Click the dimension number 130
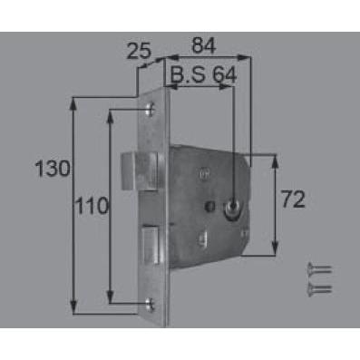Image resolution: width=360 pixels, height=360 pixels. (53, 169)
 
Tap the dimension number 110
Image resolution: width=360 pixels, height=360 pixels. (92, 205)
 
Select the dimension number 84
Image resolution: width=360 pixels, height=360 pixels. (204, 45)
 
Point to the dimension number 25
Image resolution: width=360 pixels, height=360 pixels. (139, 51)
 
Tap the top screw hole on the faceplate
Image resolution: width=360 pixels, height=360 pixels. (150, 110)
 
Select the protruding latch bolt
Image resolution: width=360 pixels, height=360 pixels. (140, 171)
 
